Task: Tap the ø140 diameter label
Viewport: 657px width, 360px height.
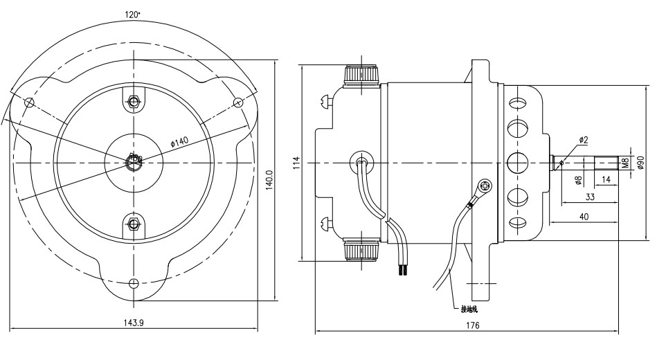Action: point(179,141)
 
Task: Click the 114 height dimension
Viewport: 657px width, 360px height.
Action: point(296,163)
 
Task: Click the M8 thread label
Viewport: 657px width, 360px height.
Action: point(625,163)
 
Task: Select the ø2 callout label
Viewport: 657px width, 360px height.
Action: point(583,141)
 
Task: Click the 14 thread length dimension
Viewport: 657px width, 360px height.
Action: point(606,179)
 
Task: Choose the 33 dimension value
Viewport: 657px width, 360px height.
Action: point(590,197)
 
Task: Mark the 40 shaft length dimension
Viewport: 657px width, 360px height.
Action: point(584,216)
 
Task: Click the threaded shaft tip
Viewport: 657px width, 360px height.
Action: point(606,163)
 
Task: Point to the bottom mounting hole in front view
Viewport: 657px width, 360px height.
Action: point(134,282)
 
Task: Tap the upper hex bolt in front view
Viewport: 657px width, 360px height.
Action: point(134,102)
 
